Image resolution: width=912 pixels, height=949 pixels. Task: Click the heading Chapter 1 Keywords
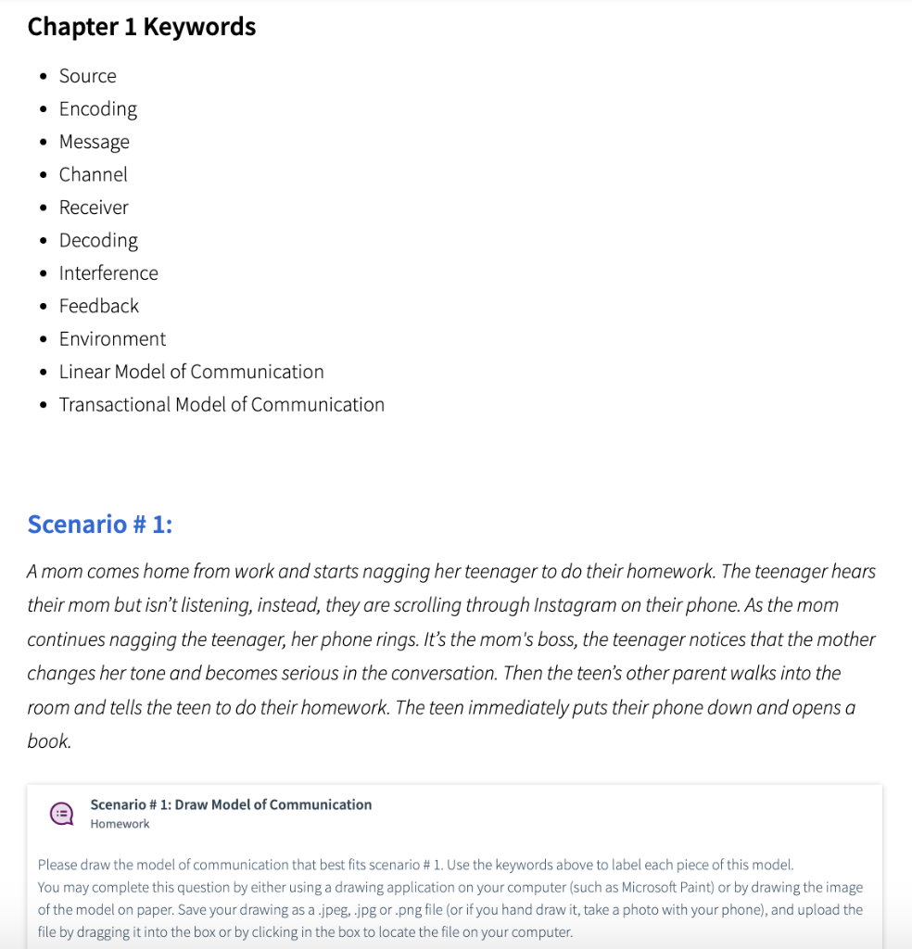click(142, 27)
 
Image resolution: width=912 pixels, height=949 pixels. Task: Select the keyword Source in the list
click(88, 76)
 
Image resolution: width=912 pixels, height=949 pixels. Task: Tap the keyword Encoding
click(98, 108)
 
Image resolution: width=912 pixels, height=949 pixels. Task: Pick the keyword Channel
click(94, 174)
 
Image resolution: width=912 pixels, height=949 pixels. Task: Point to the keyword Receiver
click(94, 208)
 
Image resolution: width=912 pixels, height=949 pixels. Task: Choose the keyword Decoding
click(98, 240)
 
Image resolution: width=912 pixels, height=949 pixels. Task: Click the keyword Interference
click(108, 273)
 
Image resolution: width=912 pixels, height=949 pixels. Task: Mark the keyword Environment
click(112, 339)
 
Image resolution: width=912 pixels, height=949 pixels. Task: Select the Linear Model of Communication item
click(192, 372)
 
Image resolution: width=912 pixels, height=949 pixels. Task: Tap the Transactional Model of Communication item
click(222, 405)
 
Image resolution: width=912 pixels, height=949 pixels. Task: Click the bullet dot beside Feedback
click(44, 307)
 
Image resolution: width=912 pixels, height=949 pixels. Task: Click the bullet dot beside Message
click(44, 143)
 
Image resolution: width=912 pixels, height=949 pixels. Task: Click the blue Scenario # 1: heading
click(100, 525)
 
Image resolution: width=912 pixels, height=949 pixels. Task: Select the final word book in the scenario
click(48, 741)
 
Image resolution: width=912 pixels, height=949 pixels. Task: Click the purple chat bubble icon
click(62, 814)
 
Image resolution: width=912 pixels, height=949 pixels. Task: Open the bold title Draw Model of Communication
click(231, 804)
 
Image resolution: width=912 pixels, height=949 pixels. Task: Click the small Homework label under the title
click(120, 824)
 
